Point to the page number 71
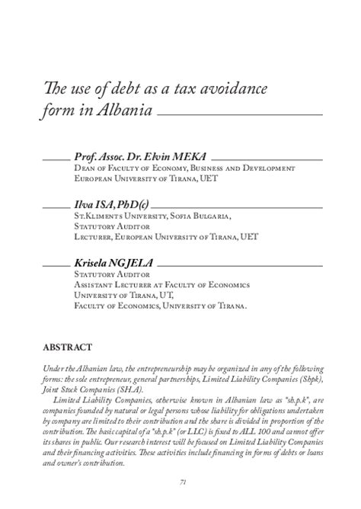tap(184, 480)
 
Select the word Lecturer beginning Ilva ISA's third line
tap(96, 237)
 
